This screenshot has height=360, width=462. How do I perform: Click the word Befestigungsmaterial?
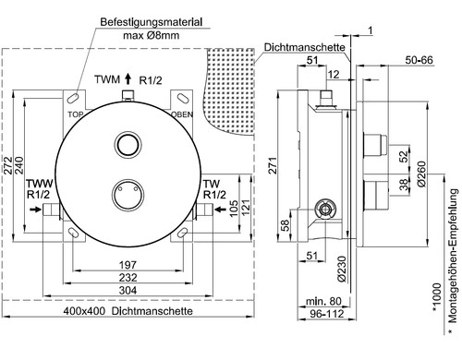click(x=152, y=22)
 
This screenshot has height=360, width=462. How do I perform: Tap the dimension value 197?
click(x=128, y=265)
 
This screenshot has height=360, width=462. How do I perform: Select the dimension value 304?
click(x=128, y=290)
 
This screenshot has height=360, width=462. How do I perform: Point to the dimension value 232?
click(x=128, y=278)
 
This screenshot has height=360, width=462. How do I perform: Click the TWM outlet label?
click(x=107, y=79)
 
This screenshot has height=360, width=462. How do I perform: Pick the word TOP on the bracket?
click(x=76, y=114)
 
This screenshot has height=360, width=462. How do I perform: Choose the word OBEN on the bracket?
click(x=182, y=114)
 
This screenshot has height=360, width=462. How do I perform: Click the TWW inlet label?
click(x=40, y=184)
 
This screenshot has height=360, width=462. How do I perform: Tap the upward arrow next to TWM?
click(x=128, y=78)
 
